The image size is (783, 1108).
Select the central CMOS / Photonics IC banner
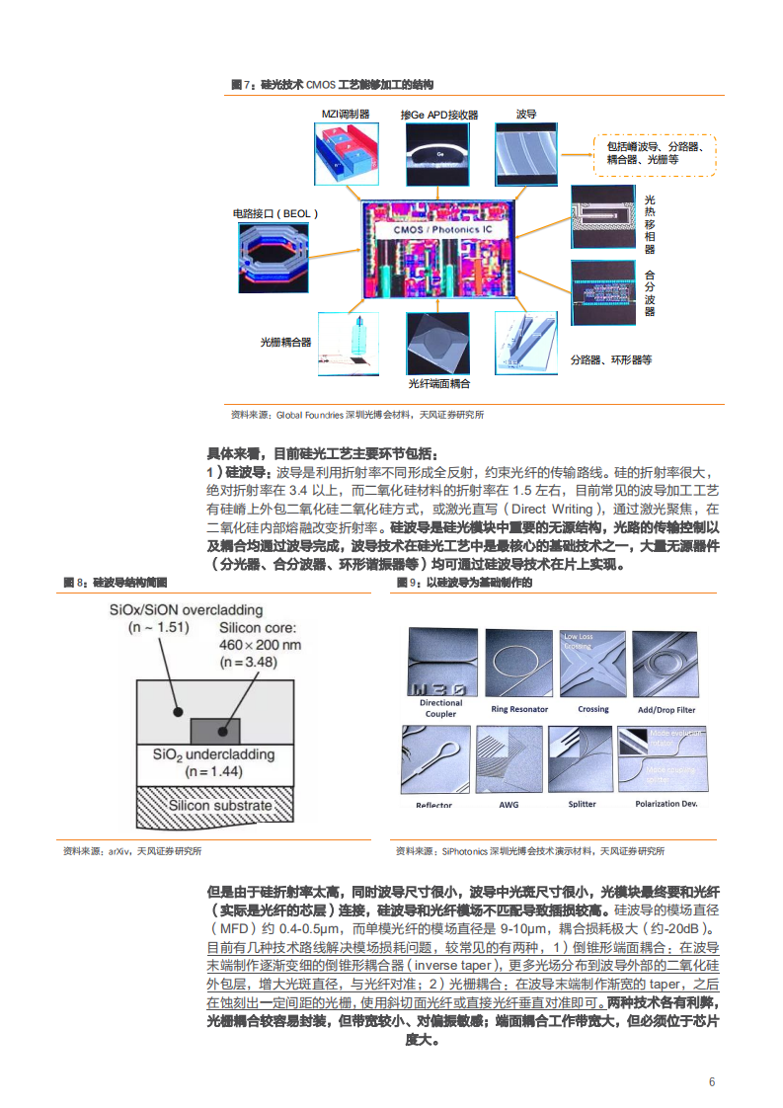pyautogui.click(x=435, y=229)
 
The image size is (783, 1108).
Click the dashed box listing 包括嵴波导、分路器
pyautogui.click(x=655, y=152)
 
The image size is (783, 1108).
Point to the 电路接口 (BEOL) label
pyautogui.click(x=275, y=212)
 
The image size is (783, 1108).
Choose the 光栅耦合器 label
pyautogui.click(x=285, y=342)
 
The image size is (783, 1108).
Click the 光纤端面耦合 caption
pyautogui.click(x=438, y=382)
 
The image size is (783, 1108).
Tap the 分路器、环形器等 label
pyautogui.click(x=610, y=360)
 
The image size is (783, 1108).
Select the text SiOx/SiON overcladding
pyautogui.click(x=186, y=609)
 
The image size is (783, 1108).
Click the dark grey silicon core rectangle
pyautogui.click(x=215, y=730)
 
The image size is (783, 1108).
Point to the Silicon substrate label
pyautogui.click(x=219, y=805)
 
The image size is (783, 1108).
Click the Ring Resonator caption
pyautogui.click(x=519, y=709)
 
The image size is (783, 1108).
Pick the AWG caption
pyautogui.click(x=509, y=804)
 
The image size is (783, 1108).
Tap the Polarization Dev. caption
pyautogui.click(x=666, y=804)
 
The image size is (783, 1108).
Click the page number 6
pyautogui.click(x=711, y=1081)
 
